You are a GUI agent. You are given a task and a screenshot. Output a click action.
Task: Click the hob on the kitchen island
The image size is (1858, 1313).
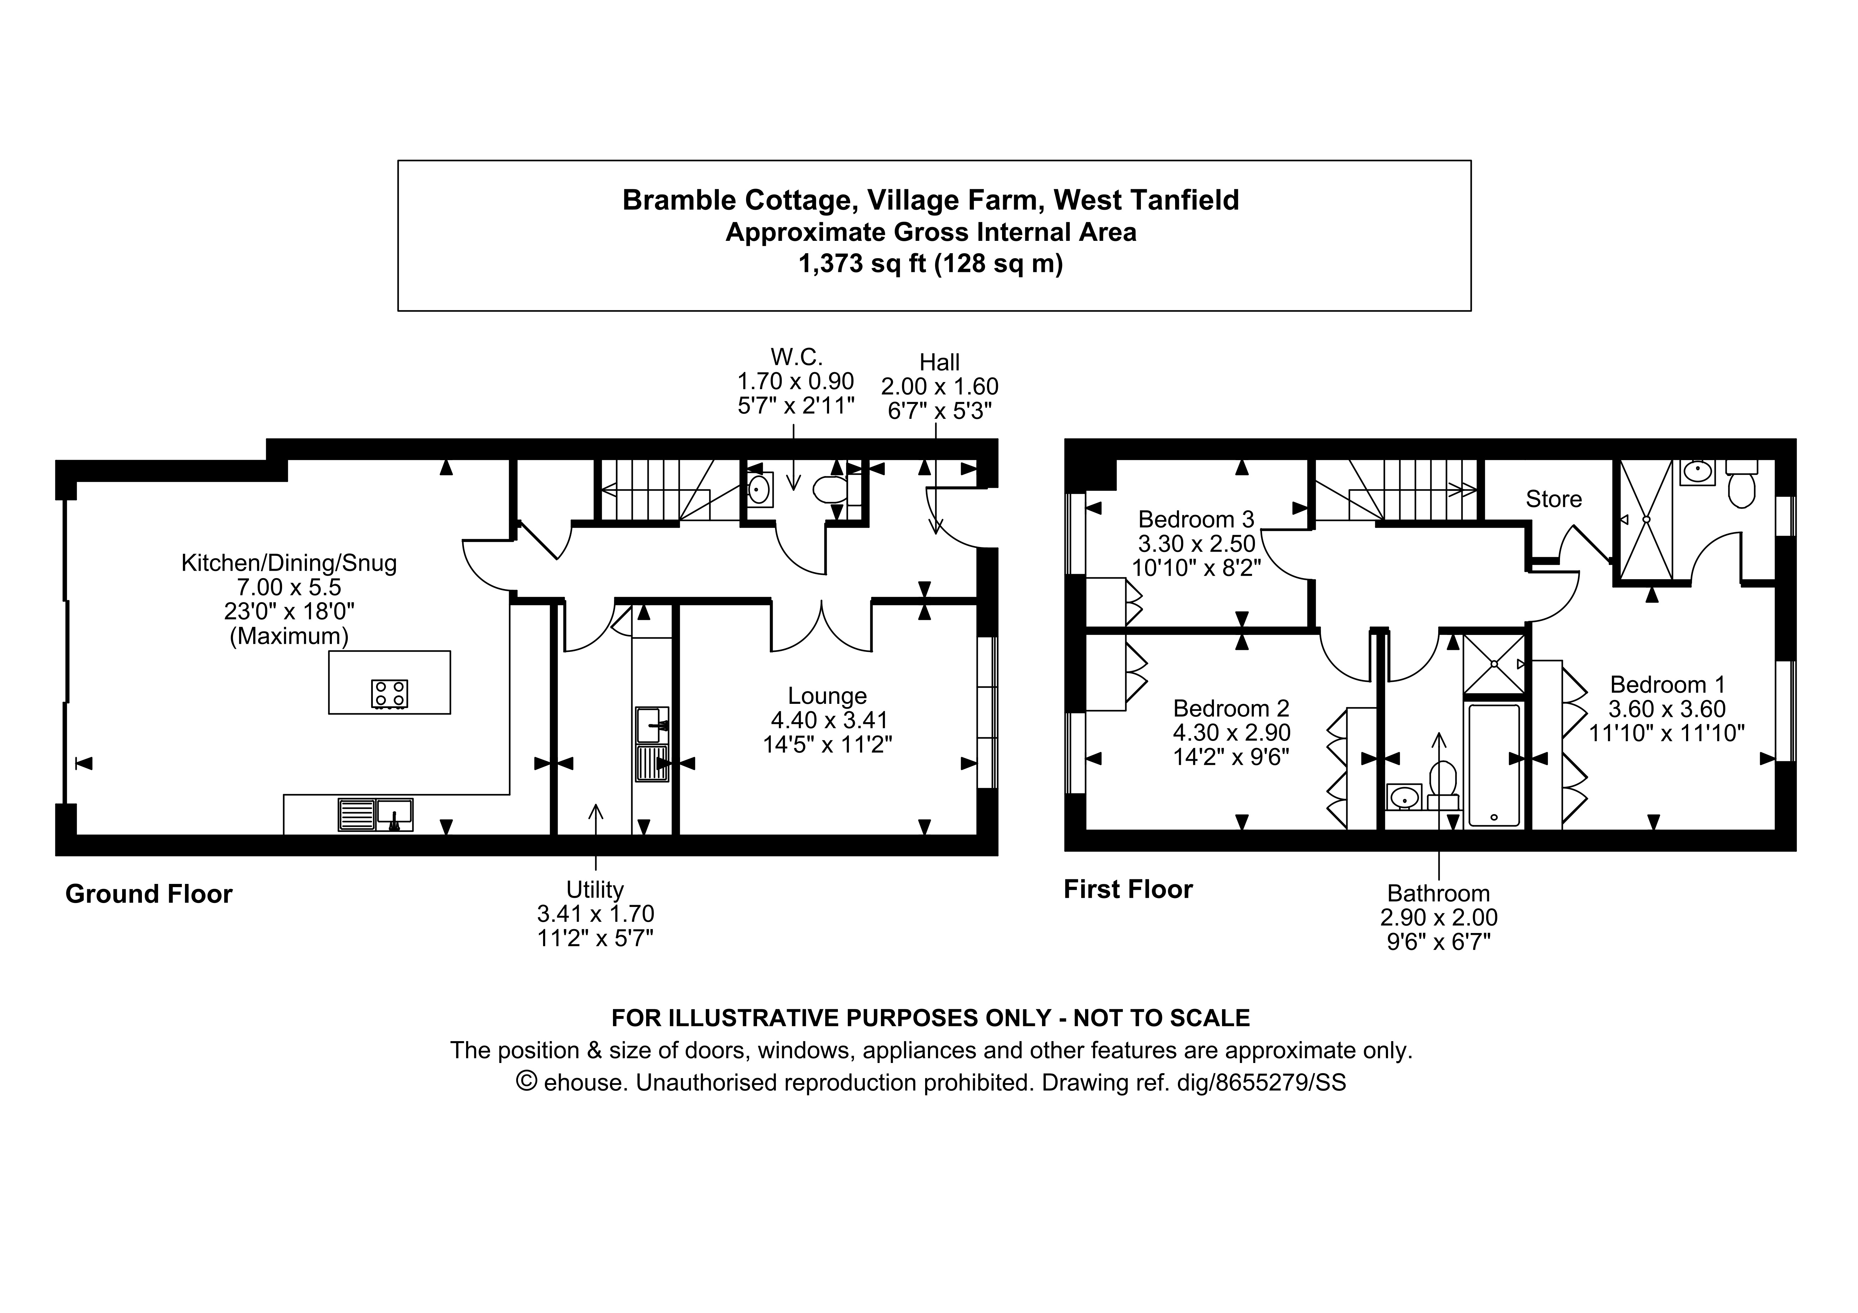tap(389, 694)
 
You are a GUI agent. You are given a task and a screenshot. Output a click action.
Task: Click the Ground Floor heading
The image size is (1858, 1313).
tap(149, 894)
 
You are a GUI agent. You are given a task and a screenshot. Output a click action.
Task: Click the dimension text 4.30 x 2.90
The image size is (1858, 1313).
tap(1231, 732)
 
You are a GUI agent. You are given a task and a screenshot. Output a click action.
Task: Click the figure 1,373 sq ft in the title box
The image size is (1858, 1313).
tap(863, 264)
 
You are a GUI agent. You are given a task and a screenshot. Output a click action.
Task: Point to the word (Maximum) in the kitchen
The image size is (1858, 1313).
tap(289, 636)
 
